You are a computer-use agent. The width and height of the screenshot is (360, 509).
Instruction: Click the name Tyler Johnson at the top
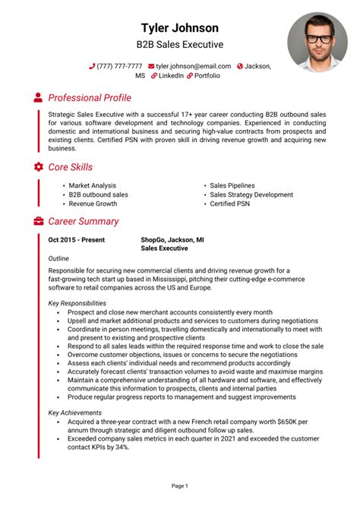[180, 28]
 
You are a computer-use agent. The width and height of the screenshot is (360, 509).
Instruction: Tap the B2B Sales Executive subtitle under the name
[180, 45]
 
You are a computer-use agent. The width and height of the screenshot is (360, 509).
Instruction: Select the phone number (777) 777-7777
[119, 66]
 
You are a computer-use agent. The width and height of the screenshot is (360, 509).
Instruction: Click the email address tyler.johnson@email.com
[193, 66]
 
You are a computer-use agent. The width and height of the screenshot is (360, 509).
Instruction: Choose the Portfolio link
[207, 76]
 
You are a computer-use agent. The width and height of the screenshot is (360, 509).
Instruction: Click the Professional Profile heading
[90, 98]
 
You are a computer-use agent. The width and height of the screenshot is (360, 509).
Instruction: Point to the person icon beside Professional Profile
[38, 98]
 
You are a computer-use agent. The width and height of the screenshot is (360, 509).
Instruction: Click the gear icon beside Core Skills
[38, 166]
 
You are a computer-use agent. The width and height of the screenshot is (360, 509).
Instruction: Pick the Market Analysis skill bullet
[92, 185]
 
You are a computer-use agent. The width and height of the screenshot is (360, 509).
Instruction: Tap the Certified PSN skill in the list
[229, 204]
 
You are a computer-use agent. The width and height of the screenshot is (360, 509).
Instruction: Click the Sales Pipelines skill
[232, 185]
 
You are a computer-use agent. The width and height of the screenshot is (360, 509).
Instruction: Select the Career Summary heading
[84, 222]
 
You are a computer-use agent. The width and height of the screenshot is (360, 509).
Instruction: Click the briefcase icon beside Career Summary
[38, 222]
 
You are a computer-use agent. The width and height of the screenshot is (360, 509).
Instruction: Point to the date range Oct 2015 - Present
[77, 239]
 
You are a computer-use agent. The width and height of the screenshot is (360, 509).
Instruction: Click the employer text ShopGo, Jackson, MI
[172, 239]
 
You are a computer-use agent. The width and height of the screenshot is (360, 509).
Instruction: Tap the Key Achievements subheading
[74, 413]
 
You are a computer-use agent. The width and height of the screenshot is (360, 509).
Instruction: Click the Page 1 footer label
[180, 485]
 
